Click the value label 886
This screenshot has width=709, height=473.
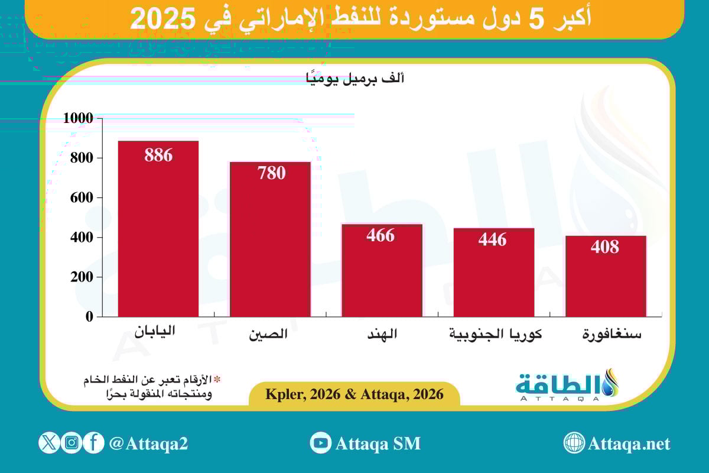click(x=158, y=155)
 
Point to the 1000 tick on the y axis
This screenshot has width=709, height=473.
click(x=78, y=118)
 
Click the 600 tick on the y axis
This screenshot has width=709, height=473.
click(x=82, y=197)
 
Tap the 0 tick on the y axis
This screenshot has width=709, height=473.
click(x=89, y=316)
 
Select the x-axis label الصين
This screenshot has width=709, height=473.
click(x=268, y=335)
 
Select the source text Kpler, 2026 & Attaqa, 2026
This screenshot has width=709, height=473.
click(x=354, y=394)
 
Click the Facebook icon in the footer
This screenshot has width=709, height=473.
click(x=93, y=442)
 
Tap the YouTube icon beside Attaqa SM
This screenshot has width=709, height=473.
click(x=320, y=443)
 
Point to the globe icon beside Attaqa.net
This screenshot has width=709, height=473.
click(x=574, y=443)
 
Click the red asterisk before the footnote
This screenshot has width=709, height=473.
click(x=217, y=379)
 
